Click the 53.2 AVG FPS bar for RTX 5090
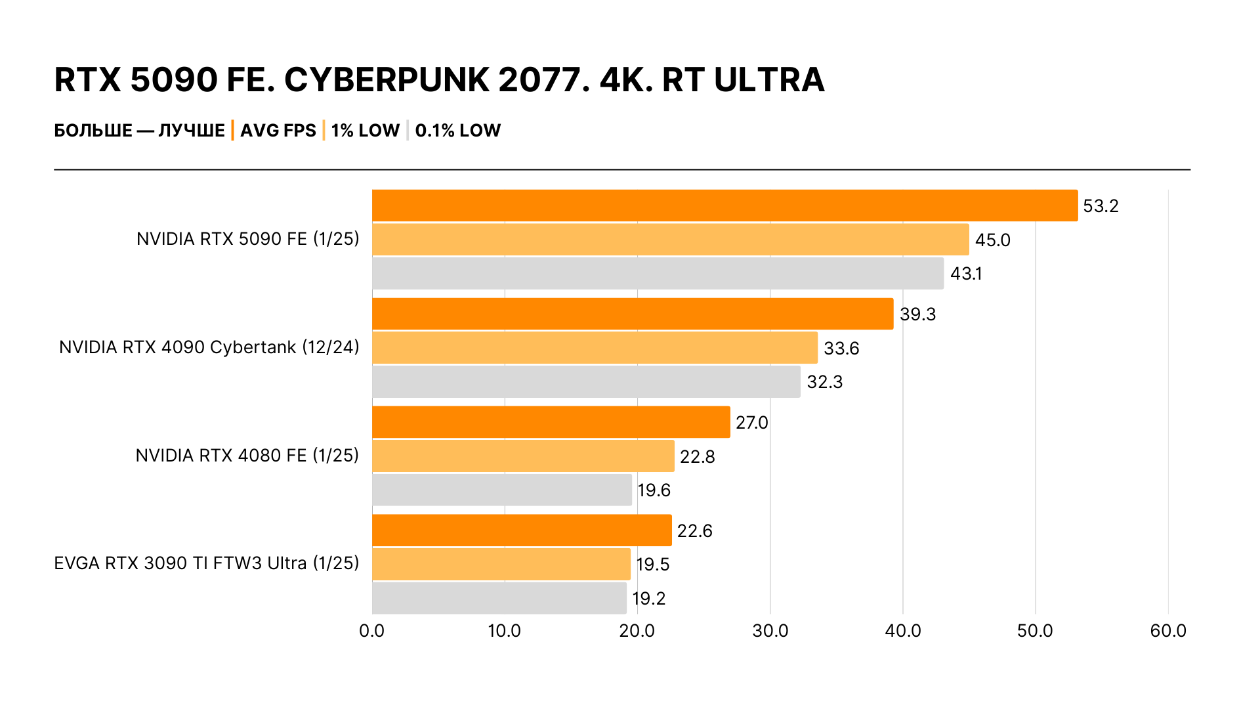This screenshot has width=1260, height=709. [x=724, y=205]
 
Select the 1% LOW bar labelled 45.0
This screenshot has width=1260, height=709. [x=670, y=240]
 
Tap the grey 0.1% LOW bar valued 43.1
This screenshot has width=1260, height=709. [x=658, y=273]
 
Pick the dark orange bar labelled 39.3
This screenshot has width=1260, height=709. [x=633, y=314]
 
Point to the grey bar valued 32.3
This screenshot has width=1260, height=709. [x=586, y=381]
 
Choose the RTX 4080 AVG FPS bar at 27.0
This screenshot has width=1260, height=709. [x=551, y=422]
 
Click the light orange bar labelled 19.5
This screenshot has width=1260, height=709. [x=501, y=564]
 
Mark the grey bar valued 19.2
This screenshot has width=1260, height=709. [x=499, y=598]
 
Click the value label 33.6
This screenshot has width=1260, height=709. [x=841, y=348]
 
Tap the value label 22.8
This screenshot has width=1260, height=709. [x=697, y=456]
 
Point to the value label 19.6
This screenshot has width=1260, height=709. [x=654, y=490]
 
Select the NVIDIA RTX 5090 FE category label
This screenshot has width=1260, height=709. [x=247, y=239]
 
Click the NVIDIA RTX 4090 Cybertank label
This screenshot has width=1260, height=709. [x=209, y=347]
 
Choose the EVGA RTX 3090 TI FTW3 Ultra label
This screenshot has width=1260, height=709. [x=206, y=563]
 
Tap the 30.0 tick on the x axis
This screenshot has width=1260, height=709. [x=770, y=631]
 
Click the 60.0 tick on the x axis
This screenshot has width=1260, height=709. [x=1167, y=631]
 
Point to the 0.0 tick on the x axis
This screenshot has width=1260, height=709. [x=371, y=631]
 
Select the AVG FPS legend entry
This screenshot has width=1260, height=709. [x=278, y=131]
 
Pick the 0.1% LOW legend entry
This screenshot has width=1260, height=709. [x=457, y=131]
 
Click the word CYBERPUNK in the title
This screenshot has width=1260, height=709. [x=387, y=80]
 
